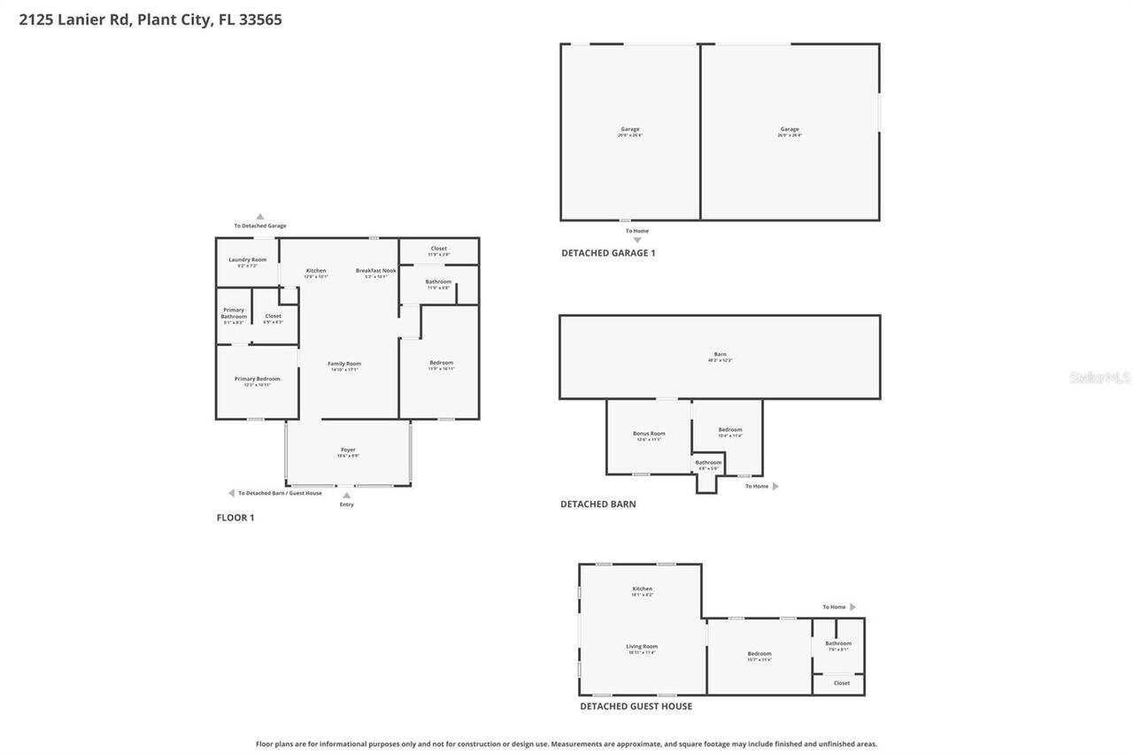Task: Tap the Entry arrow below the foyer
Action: pyautogui.click(x=346, y=496)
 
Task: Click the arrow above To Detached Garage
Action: pyautogui.click(x=260, y=216)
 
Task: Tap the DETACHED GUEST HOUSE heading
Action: pyautogui.click(x=636, y=706)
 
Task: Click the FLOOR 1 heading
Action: pyautogui.click(x=235, y=518)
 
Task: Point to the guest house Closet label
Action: pyautogui.click(x=841, y=682)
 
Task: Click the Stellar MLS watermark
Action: pyautogui.click(x=1099, y=378)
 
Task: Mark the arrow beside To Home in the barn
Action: pyautogui.click(x=776, y=486)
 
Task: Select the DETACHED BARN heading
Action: pyautogui.click(x=597, y=505)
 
